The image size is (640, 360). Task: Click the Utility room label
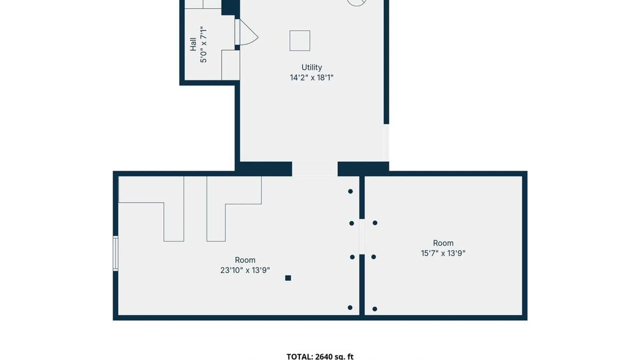312,67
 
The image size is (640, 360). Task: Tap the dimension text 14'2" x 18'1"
312,78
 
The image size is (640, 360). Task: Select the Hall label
193,44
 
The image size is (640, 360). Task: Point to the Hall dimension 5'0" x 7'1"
203,44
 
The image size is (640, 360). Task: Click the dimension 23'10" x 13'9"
245,270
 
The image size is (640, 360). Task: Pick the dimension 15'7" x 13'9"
443,253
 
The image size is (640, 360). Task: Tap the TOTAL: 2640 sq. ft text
320,356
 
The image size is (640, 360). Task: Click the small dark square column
288,278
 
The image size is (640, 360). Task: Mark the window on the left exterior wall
115,253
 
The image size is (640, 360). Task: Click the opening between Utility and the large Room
315,169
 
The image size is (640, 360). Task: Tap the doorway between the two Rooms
362,237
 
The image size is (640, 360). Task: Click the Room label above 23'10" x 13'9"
245,260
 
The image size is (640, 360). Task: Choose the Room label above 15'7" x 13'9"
443,243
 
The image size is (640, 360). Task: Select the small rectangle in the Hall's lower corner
231,65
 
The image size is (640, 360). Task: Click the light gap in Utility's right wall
386,143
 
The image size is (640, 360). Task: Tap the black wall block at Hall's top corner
231,7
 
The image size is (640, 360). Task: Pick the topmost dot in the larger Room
350,191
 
